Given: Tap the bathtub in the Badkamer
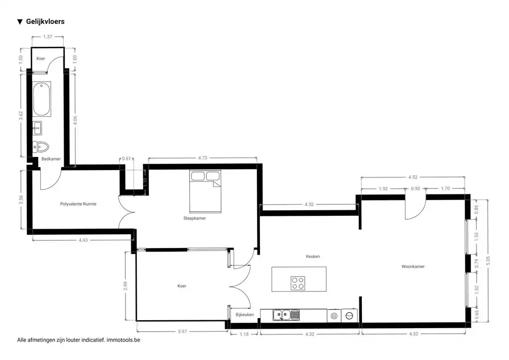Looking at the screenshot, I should [41, 99].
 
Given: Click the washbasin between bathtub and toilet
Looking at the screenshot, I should [38, 128].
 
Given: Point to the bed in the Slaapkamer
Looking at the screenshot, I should [204, 189].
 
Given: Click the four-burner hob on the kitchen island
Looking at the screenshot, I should [298, 283].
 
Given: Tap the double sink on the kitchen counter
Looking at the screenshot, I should [286, 315].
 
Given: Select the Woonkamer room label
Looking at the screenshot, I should [413, 267].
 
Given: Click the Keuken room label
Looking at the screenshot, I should [313, 257].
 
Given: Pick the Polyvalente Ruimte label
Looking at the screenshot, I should [78, 204].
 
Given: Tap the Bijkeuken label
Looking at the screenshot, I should [245, 315].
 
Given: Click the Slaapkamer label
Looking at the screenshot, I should [194, 218].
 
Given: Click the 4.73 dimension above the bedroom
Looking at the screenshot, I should [203, 158].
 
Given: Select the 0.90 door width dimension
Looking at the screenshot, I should [416, 188].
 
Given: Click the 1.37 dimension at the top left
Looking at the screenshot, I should [48, 37].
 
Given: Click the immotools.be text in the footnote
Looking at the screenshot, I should [127, 340].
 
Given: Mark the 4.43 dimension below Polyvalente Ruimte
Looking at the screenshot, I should [83, 241].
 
